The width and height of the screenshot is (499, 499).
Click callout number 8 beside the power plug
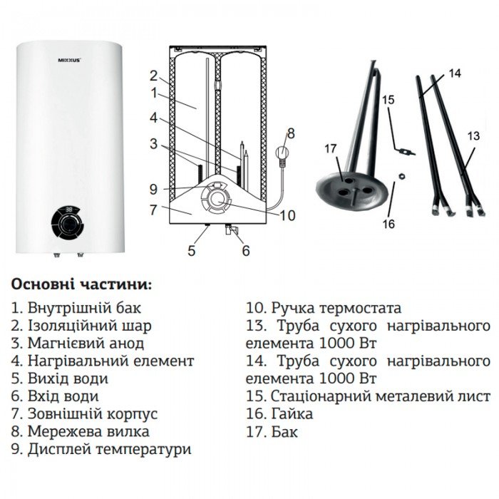click(x=290, y=133)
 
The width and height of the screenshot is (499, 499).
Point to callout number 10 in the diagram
click(x=287, y=215)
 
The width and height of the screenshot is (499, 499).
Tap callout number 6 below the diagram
click(x=246, y=250)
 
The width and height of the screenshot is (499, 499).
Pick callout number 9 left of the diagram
click(x=153, y=189)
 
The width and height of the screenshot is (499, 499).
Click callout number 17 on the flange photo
click(x=329, y=148)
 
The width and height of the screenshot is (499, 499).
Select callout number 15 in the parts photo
click(x=388, y=101)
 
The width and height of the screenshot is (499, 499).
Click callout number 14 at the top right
click(x=456, y=73)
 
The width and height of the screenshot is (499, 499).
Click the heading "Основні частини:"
click(x=81, y=284)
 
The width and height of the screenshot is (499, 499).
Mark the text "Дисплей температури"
click(x=109, y=449)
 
